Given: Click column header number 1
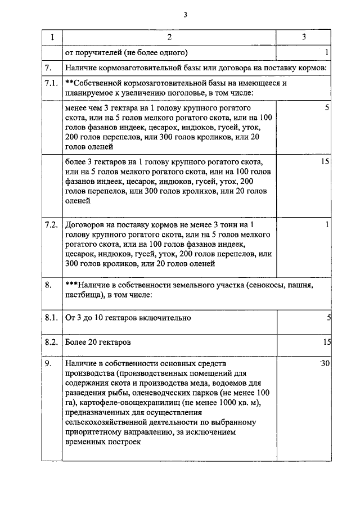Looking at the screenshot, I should (x=52, y=37).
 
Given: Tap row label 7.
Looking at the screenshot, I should (x=49, y=67).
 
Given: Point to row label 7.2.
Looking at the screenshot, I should (x=51, y=225).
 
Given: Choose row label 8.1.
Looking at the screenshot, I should (x=51, y=318).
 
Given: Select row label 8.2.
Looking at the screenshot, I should (x=51, y=342).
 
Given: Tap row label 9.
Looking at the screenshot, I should (x=49, y=364).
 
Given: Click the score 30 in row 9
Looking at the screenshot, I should (x=325, y=364).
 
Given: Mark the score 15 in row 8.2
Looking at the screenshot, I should (x=326, y=342).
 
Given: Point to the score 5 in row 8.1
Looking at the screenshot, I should (x=328, y=318).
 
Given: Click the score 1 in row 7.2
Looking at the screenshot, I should (x=327, y=225).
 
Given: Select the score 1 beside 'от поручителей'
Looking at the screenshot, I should (x=327, y=52).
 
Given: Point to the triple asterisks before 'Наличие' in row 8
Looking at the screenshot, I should (x=71, y=285).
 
